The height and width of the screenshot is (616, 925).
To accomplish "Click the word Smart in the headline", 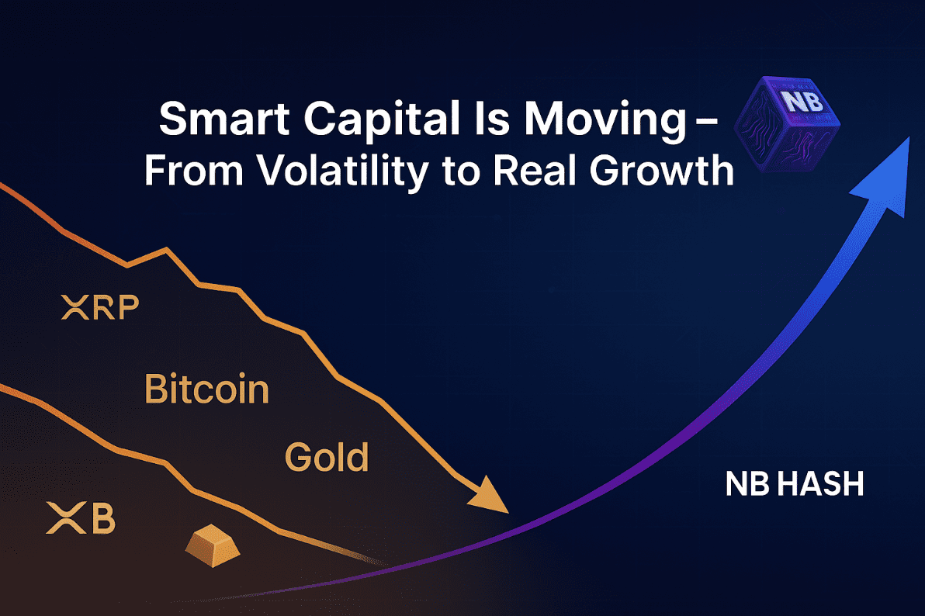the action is click(x=224, y=119).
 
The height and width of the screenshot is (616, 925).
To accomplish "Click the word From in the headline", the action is click(x=193, y=171).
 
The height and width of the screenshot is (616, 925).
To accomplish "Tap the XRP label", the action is click(x=100, y=306).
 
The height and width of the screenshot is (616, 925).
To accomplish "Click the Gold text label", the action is click(x=326, y=457).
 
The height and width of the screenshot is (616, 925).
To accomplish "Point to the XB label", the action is click(x=81, y=518).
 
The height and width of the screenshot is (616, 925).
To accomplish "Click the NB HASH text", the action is click(x=794, y=483).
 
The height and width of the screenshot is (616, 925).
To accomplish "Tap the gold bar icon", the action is click(x=213, y=545).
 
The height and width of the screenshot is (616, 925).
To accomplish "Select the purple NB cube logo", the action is click(x=788, y=124).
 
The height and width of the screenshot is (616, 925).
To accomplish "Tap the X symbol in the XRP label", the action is click(x=75, y=307).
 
